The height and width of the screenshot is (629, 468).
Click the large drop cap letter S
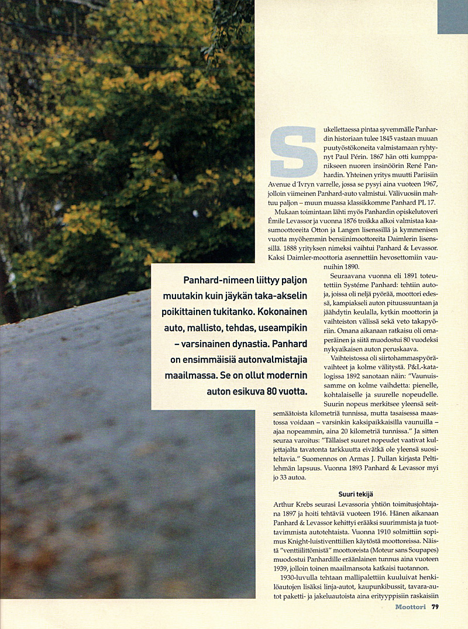click(x=294, y=152)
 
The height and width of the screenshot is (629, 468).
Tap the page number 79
click(x=435, y=607)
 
